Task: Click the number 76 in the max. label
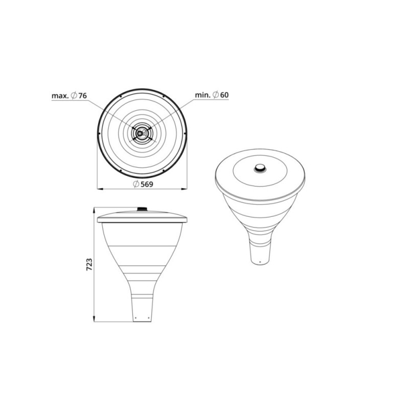point(82,96)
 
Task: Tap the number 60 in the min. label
point(224,95)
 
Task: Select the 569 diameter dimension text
point(147,184)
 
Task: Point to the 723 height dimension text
point(89,264)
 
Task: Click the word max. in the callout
point(60,96)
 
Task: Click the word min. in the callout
point(203,95)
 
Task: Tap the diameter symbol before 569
point(136,184)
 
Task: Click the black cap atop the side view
point(142,209)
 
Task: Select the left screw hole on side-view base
point(135,317)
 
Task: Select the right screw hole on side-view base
point(148,317)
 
